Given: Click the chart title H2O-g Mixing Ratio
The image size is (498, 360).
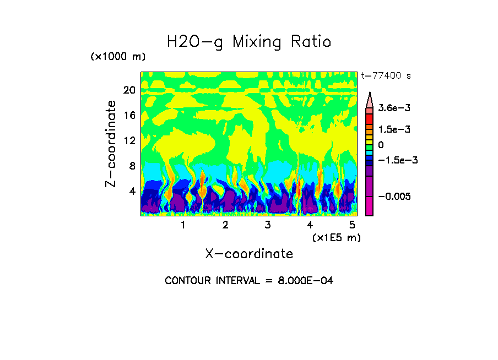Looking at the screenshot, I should (249, 42).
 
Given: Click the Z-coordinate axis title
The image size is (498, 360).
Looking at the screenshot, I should (112, 144).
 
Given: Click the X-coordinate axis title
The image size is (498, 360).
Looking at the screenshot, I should (249, 254).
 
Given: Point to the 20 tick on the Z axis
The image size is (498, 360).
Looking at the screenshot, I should (129, 90).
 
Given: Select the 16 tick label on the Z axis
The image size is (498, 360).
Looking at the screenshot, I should (129, 116).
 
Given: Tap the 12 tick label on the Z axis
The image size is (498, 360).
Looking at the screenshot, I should (129, 140).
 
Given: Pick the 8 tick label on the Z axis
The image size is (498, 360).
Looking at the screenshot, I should (131, 166).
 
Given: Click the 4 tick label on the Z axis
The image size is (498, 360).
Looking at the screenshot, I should (131, 191).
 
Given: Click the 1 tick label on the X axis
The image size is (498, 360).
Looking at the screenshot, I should (183, 225).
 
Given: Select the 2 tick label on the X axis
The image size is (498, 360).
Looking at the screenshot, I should (225, 225).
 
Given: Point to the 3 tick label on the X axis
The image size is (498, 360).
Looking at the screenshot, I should (268, 225).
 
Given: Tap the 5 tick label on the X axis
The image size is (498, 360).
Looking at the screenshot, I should (352, 225).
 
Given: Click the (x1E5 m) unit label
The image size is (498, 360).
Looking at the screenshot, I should (337, 237).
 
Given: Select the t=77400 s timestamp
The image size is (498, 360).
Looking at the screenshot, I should (386, 75).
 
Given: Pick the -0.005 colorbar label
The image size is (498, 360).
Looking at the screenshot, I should (393, 197).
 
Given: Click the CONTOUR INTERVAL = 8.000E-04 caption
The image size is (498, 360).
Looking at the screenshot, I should (249, 281).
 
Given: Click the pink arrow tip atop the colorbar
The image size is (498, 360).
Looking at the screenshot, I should (370, 99).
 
